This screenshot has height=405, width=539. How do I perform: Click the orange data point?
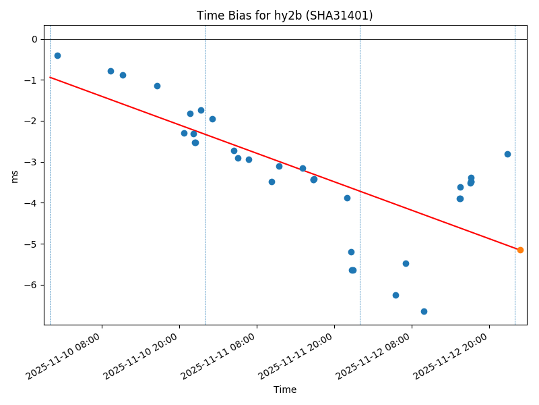tap(520, 250)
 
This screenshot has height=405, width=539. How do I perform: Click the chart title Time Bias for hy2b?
tap(284, 16)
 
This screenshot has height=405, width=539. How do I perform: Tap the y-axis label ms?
tap(15, 175)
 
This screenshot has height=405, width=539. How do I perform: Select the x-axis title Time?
tap(284, 389)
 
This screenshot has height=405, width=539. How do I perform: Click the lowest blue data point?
tap(424, 311)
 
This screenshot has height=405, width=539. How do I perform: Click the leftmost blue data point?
tap(57, 55)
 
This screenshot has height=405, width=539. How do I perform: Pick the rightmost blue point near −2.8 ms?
tap(507, 154)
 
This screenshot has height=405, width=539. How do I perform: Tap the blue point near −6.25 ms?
tap(395, 295)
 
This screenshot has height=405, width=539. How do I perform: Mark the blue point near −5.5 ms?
tap(406, 263)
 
